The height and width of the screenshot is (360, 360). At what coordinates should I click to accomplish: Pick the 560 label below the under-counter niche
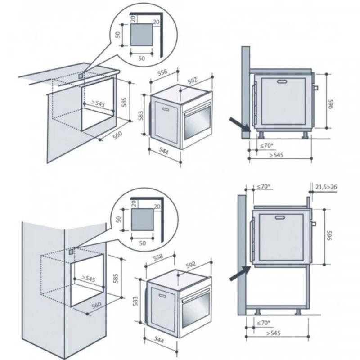click(117, 135)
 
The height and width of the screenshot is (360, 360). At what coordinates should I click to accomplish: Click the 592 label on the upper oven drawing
click(192, 81)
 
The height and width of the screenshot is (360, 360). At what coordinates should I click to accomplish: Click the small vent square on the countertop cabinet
click(81, 76)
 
